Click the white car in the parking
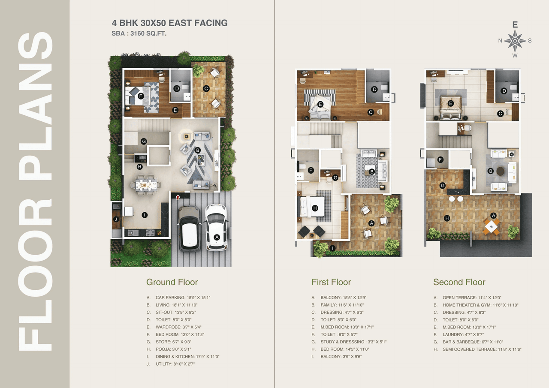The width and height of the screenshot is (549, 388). coord(216,227)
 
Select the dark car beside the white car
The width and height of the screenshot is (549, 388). coord(189,229)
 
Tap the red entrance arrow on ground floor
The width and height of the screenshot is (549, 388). coord(178,196)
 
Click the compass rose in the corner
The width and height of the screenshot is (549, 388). coord(515,41)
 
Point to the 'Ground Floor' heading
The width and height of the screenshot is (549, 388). coord(172,282)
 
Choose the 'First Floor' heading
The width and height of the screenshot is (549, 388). coord(331,282)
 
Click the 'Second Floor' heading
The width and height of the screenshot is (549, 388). coord(459,282)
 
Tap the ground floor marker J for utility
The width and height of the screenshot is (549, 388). coord(116,220)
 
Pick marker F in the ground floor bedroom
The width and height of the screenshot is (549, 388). coord(141,96)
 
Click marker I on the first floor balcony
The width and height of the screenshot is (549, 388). coord(332,248)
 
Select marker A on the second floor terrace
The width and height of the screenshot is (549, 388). coord(494,215)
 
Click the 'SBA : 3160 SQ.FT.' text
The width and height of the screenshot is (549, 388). coord(139,33)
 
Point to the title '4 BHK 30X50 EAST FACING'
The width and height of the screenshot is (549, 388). coord(169,23)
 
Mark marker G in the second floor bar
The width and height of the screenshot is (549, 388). coord(442,186)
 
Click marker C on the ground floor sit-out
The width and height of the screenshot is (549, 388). coord(206,88)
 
